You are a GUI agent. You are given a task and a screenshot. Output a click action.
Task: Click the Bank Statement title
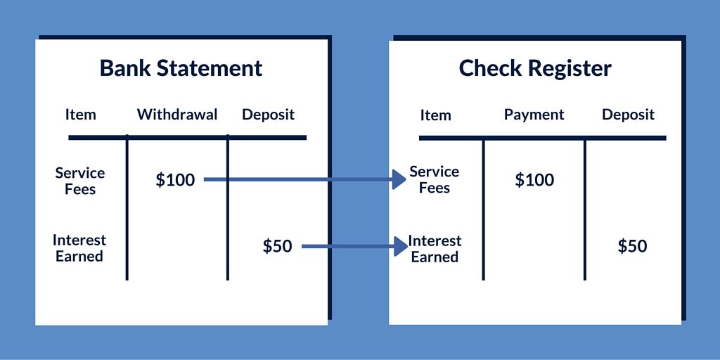181,68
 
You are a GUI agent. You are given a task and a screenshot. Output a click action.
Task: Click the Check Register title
535,69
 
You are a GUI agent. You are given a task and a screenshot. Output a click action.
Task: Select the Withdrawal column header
177,115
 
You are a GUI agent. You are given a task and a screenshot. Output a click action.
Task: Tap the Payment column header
534,115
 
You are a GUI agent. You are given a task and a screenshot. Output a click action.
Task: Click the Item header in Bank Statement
80,115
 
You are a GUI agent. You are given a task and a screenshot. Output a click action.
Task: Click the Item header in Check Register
435,115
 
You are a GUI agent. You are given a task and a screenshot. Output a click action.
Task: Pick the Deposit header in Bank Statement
268,115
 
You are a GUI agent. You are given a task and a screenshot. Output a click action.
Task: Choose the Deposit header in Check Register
628,115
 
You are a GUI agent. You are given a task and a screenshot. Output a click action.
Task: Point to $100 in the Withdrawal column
175,180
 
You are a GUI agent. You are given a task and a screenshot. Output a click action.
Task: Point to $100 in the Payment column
534,179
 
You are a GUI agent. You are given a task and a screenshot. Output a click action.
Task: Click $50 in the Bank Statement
277,246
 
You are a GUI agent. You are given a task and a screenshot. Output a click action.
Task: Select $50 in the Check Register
632,247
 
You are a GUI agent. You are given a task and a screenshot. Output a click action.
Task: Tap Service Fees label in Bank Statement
80,181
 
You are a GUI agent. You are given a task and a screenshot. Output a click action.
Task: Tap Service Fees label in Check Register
435,179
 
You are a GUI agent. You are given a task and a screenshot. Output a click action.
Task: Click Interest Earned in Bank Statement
79,248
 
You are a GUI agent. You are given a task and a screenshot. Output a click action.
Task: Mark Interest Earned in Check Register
435,249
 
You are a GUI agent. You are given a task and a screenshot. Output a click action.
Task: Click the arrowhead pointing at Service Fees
399,179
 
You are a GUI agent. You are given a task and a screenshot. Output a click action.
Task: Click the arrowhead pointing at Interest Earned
400,247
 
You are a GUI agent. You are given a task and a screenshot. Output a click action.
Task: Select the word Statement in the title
210,68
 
